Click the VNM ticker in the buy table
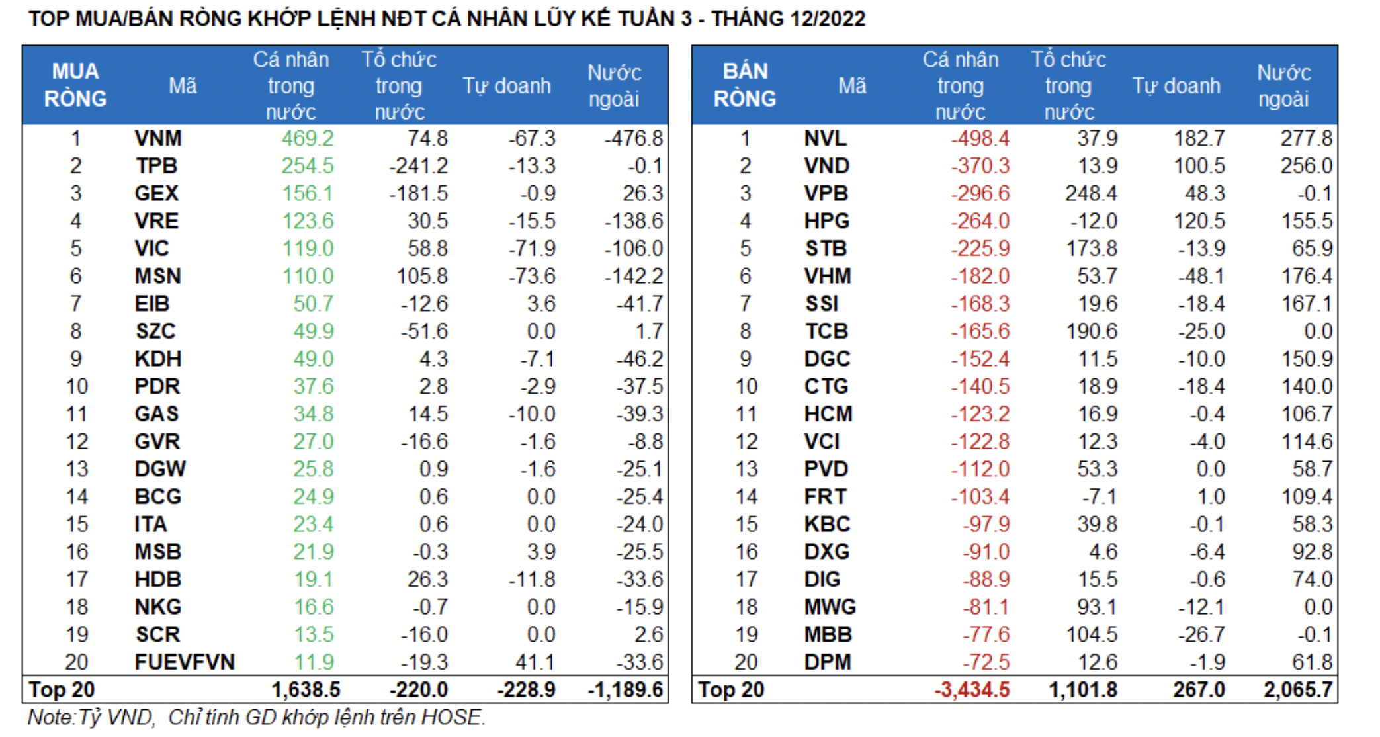[158, 138]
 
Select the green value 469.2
[308, 138]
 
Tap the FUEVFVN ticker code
[185, 662]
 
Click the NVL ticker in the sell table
[825, 138]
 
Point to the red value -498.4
[980, 138]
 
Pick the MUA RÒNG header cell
[75, 85]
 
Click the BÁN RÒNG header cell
[745, 85]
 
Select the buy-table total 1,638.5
[306, 690]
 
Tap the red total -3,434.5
[972, 690]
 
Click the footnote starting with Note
[256, 717]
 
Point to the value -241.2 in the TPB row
[418, 166]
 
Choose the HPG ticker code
[827, 221]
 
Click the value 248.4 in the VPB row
[1091, 193]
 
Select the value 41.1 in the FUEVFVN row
[537, 662]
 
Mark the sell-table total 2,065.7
[1297, 690]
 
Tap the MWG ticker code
[830, 607]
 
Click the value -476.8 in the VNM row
[633, 138]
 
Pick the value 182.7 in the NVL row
[1199, 138]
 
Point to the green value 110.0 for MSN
[308, 276]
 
